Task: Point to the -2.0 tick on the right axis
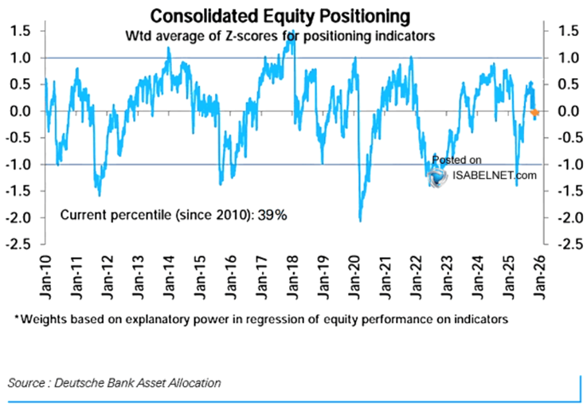point(558,217)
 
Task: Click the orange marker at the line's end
point(534,112)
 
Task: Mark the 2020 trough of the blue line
point(360,221)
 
